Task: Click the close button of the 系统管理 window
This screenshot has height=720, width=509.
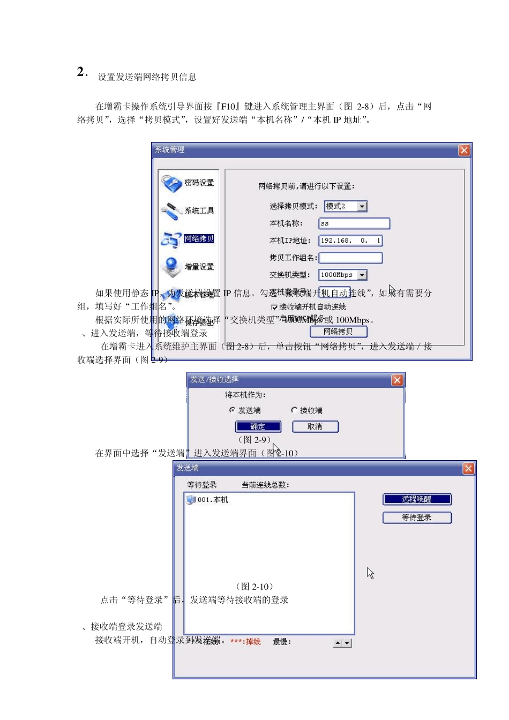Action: [x=464, y=151]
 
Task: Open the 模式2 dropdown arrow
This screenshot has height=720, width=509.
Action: [x=363, y=207]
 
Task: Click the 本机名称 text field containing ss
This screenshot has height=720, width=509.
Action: [x=354, y=223]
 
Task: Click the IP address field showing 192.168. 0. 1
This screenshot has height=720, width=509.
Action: [x=350, y=241]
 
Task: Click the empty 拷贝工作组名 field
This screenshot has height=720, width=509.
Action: [x=350, y=258]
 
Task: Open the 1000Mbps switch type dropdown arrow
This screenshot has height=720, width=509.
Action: [x=363, y=275]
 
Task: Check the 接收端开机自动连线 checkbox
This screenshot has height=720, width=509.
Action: [x=274, y=307]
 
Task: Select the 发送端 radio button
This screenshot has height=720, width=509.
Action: [x=233, y=410]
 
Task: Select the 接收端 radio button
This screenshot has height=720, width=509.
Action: [x=294, y=410]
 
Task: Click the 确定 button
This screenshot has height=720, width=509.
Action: [x=258, y=427]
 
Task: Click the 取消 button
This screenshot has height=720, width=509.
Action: [x=315, y=427]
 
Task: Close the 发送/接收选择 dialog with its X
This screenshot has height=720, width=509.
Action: [x=397, y=380]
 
